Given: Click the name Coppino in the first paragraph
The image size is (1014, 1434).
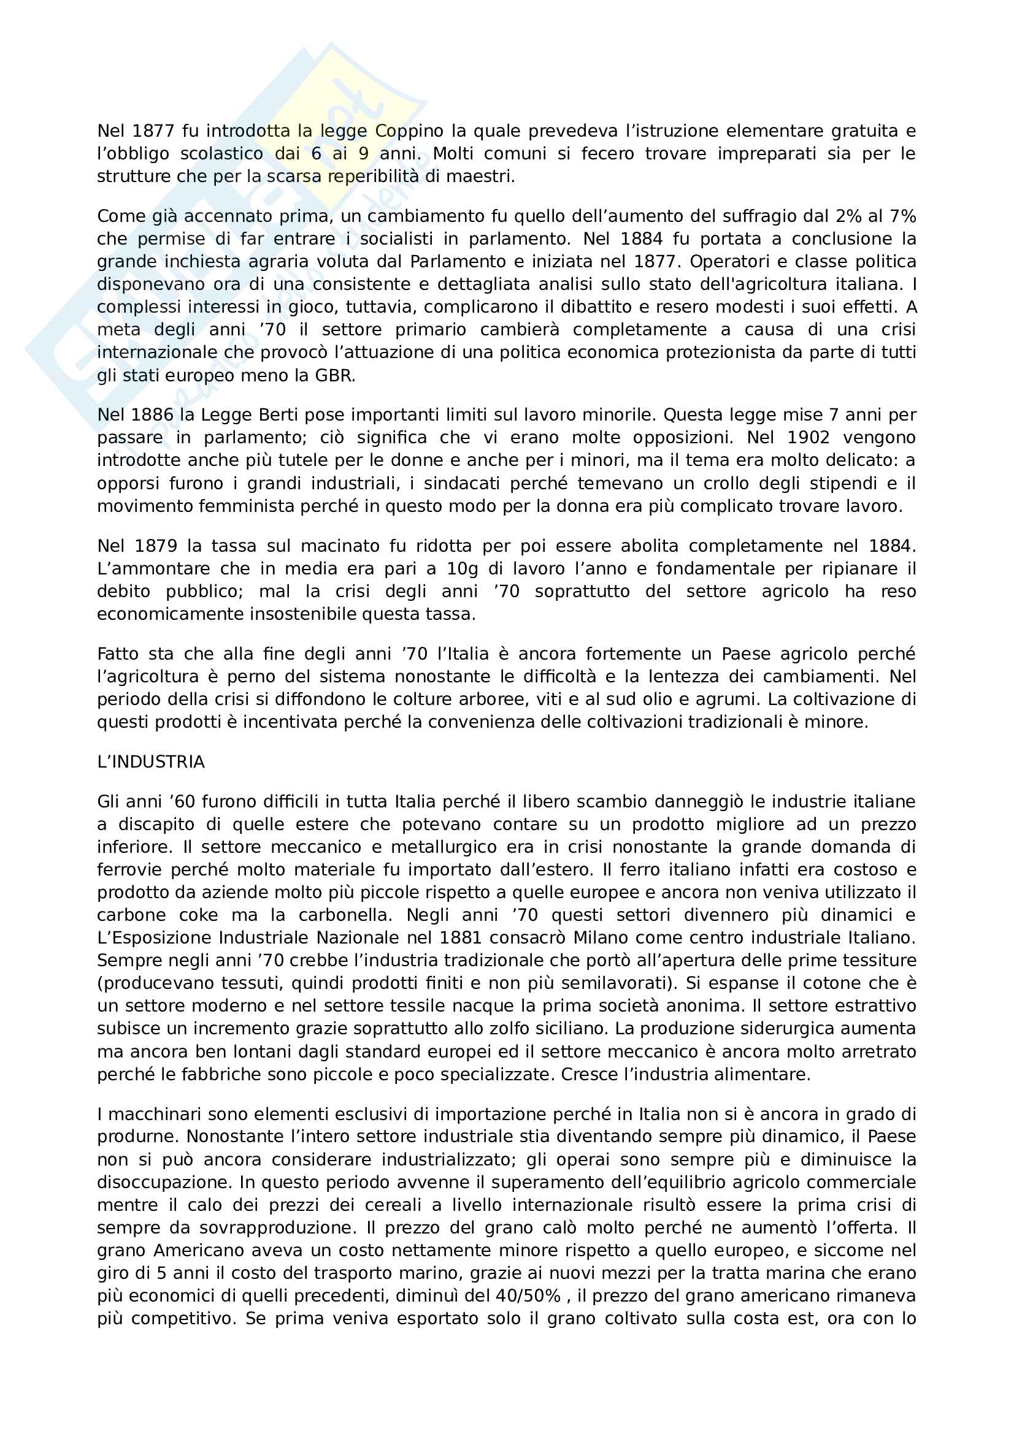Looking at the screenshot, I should [x=409, y=131].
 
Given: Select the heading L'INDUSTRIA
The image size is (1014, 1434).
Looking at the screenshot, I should [x=151, y=762].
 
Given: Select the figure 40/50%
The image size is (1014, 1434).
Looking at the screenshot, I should [x=528, y=1297].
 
